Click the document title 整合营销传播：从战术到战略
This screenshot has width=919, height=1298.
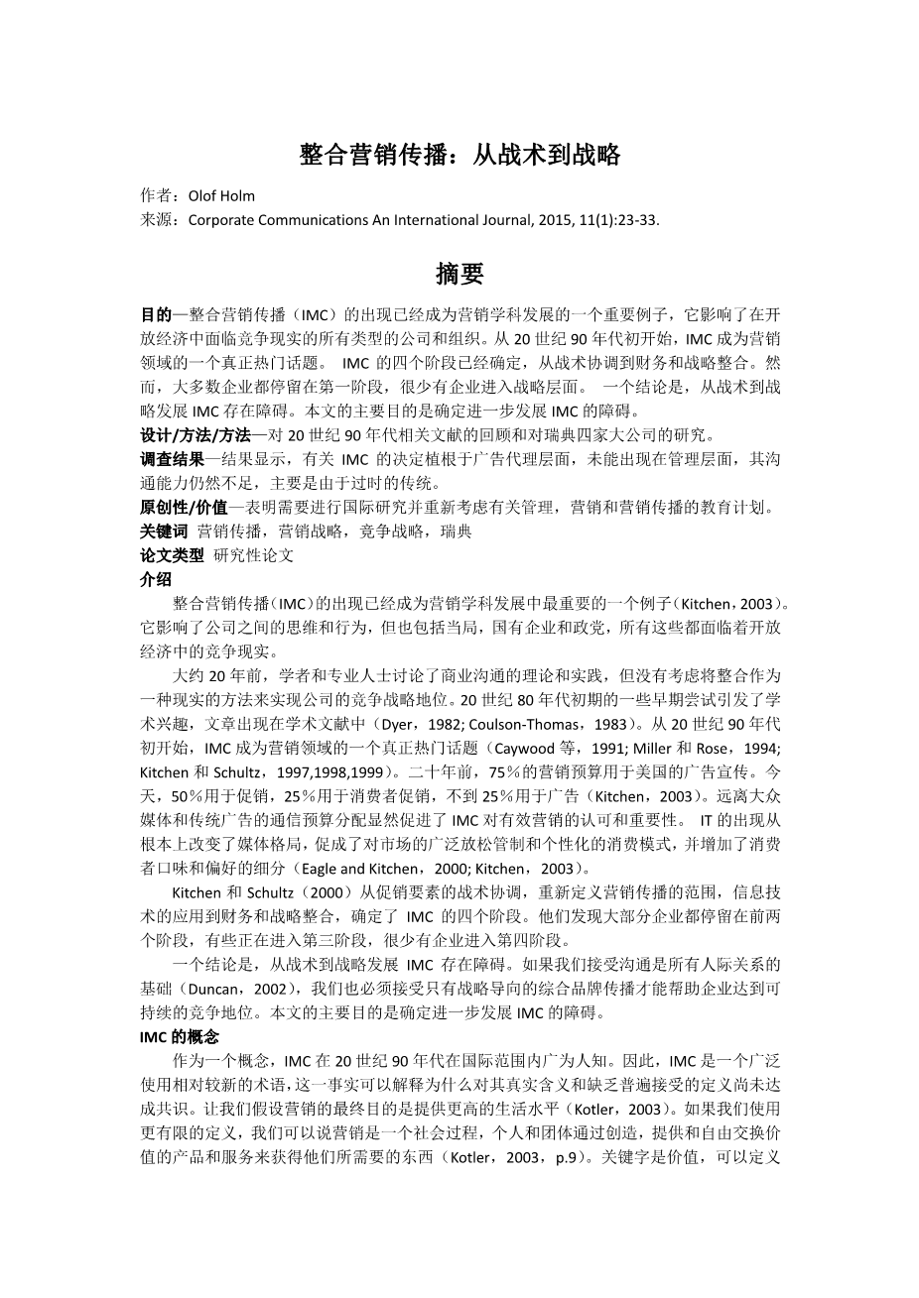point(459,154)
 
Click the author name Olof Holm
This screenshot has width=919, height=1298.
point(221,196)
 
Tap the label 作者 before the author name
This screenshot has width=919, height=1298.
point(157,196)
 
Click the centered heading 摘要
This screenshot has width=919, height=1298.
point(459,273)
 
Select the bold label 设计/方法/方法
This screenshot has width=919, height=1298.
point(196,435)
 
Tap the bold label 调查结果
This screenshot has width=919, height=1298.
point(172,459)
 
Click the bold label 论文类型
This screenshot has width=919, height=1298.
point(172,554)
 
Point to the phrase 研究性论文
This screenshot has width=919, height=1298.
point(254,554)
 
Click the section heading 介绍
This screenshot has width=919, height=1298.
point(156,578)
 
